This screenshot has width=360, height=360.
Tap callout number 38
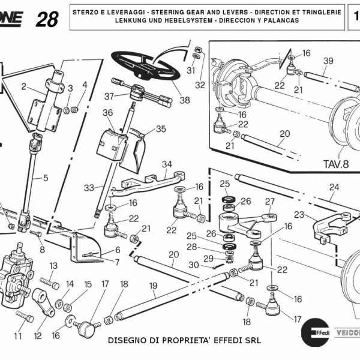point(184,100)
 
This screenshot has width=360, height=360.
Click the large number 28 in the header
point(47,19)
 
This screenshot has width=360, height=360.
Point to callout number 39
point(328,61)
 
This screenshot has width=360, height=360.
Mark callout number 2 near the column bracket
point(24,87)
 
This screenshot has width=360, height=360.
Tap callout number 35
point(161,129)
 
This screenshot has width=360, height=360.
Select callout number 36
point(107,113)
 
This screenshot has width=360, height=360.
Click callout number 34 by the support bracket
point(166,164)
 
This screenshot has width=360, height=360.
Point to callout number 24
point(334,187)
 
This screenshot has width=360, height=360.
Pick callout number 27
point(270,201)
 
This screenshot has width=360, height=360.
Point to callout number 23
point(298,214)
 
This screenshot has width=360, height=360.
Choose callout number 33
point(89,188)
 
